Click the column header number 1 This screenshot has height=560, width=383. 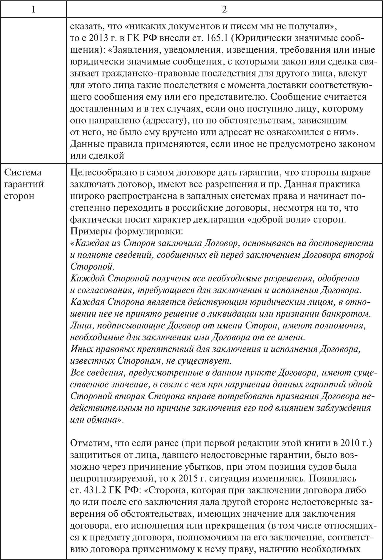click(x=33, y=9)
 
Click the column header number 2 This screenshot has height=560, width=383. click(x=224, y=9)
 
